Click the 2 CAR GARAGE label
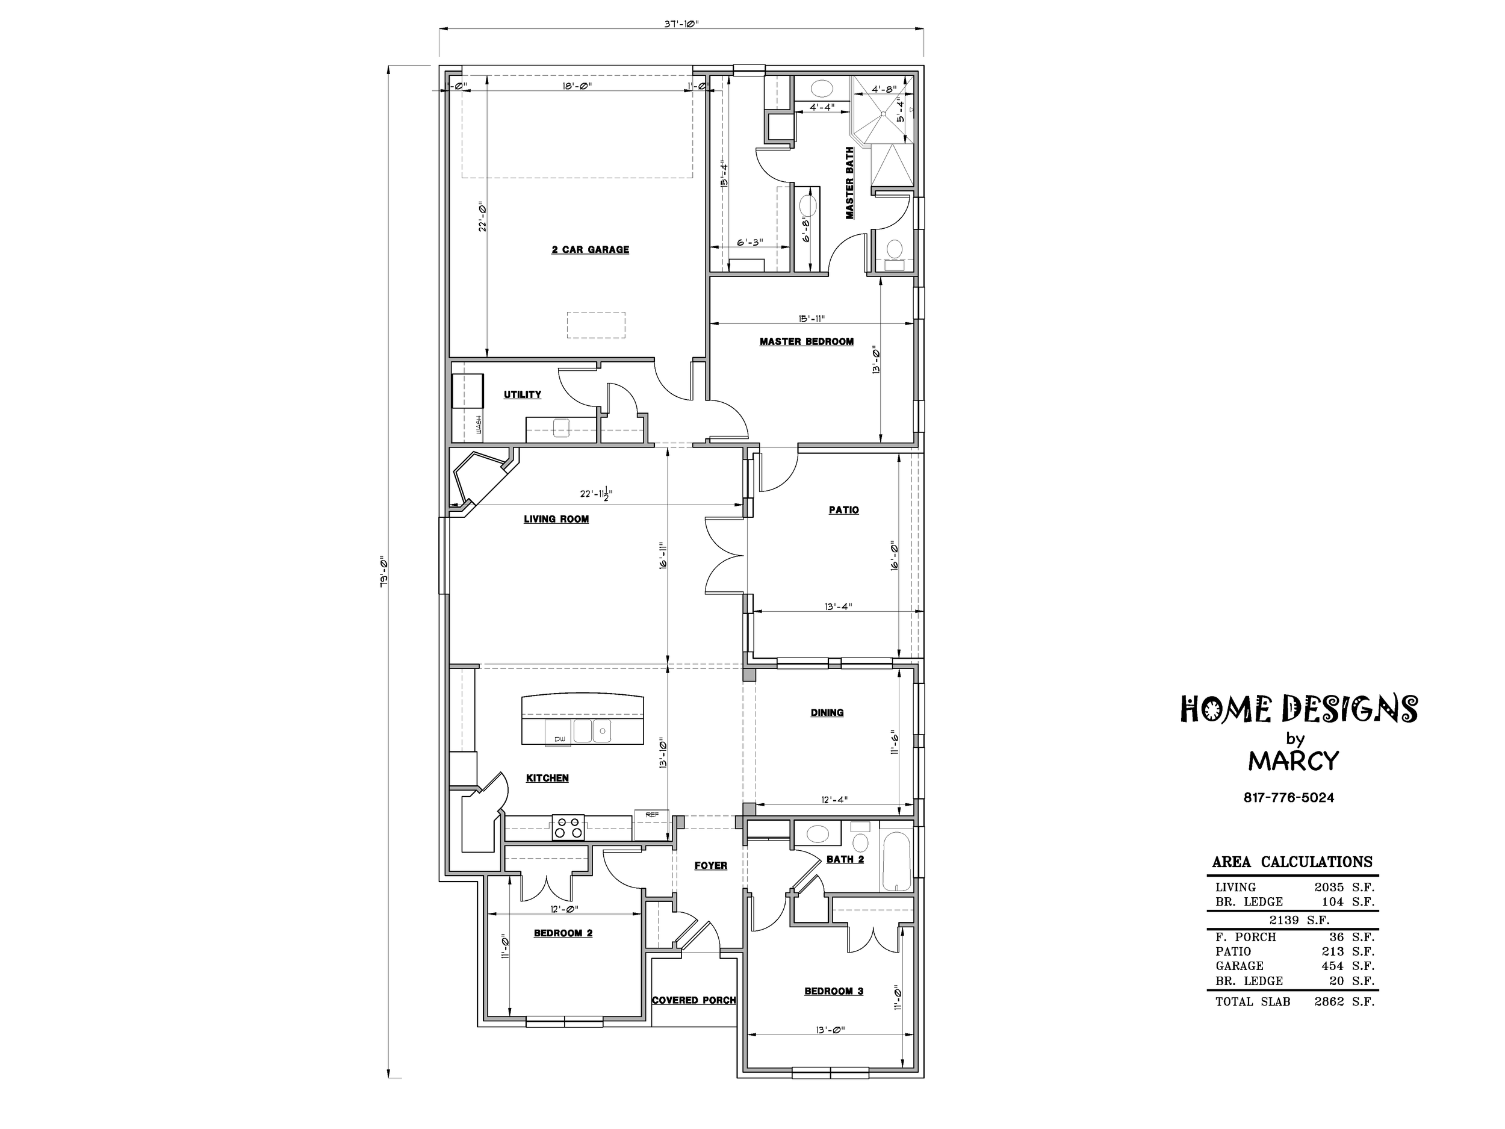pyautogui.click(x=590, y=250)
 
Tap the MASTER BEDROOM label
pyautogui.click(x=806, y=341)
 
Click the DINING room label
pyautogui.click(x=827, y=712)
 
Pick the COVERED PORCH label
pyautogui.click(x=694, y=1000)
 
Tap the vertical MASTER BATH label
pyautogui.click(x=850, y=182)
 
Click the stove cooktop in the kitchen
pyautogui.click(x=568, y=828)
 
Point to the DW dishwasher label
pyautogui.click(x=559, y=738)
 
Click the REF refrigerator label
pyautogui.click(x=651, y=814)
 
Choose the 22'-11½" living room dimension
pyautogui.click(x=596, y=494)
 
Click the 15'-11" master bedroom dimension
pyautogui.click(x=811, y=319)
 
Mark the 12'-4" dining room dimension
pyautogui.click(x=835, y=800)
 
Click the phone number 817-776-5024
pyautogui.click(x=1289, y=798)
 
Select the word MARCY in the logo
pyautogui.click(x=1294, y=761)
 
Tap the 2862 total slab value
pyautogui.click(x=1329, y=1002)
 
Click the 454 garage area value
pyautogui.click(x=1332, y=966)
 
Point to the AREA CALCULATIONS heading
pyautogui.click(x=1292, y=862)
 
